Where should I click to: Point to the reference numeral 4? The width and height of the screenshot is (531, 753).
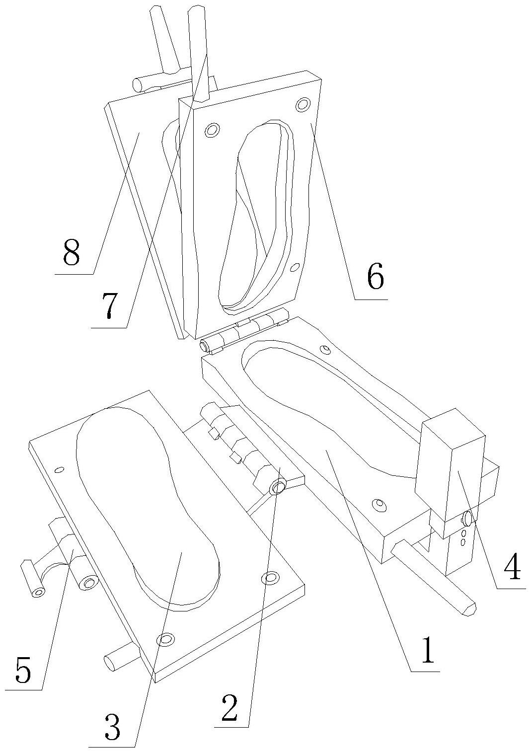tap(512, 568)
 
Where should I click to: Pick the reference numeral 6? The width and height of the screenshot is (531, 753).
tap(375, 277)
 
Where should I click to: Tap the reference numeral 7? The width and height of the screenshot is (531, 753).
tap(108, 306)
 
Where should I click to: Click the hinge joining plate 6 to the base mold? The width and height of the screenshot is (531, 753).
tap(243, 330)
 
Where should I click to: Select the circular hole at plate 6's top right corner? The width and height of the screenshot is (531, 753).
tap(302, 105)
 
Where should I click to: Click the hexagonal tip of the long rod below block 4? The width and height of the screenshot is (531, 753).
tap(469, 608)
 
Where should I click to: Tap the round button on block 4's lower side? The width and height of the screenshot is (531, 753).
tap(467, 519)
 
